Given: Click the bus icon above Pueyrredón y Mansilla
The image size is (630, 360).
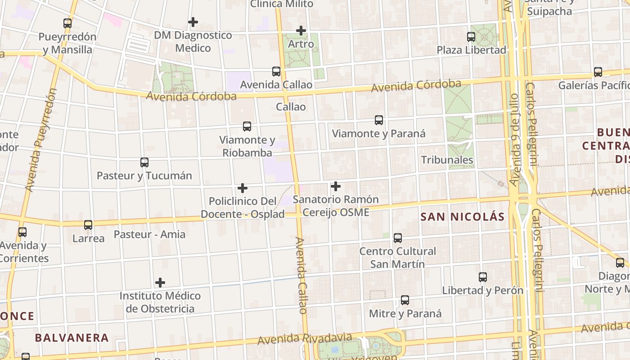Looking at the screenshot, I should click(x=67, y=23).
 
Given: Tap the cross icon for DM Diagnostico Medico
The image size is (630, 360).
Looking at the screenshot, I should click(x=193, y=22).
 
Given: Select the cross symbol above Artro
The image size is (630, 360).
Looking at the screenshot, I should click(x=301, y=31).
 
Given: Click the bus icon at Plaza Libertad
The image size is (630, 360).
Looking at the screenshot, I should click(x=471, y=37).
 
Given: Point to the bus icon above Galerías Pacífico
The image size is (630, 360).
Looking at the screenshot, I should click(x=598, y=72).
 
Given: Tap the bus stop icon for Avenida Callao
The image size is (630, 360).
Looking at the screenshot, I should click(x=276, y=72).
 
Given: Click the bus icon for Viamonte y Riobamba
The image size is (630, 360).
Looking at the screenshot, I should click(x=247, y=126).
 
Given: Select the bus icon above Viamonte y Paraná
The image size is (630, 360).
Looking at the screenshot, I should click(x=379, y=120).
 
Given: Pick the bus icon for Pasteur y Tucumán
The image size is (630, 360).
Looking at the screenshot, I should click(x=144, y=162).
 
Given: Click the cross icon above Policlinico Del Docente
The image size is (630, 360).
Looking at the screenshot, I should click(x=243, y=188).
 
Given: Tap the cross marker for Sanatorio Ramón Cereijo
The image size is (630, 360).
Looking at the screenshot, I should click(x=335, y=186).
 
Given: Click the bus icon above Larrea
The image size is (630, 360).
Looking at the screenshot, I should click(x=88, y=225).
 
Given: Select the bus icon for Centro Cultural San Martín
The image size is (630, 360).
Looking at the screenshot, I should click(x=398, y=238).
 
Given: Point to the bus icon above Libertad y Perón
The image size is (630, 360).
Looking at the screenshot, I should click(x=483, y=277).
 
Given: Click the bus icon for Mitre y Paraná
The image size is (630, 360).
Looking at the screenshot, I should click(x=405, y=300).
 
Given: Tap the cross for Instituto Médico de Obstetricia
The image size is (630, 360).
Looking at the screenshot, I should click(x=160, y=283).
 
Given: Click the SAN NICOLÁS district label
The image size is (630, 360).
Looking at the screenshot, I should click(x=462, y=217).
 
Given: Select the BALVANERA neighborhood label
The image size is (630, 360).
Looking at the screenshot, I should click(x=72, y=337).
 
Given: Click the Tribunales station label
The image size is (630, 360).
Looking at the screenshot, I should click(x=447, y=160).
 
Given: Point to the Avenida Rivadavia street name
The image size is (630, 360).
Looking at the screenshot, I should click(x=305, y=338).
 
